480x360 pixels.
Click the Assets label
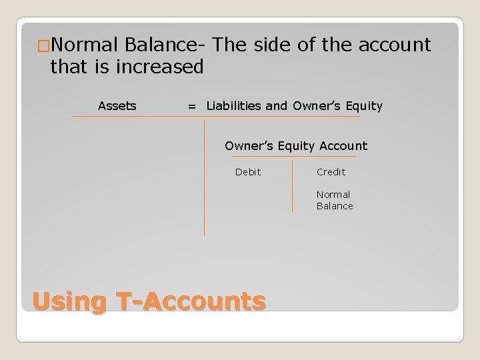click(x=117, y=106)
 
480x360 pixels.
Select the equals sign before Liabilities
click(x=192, y=106)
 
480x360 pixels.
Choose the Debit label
click(x=248, y=172)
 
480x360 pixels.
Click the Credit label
click(x=331, y=172)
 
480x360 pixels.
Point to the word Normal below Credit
click(x=333, y=195)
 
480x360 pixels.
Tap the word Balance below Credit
click(x=335, y=206)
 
